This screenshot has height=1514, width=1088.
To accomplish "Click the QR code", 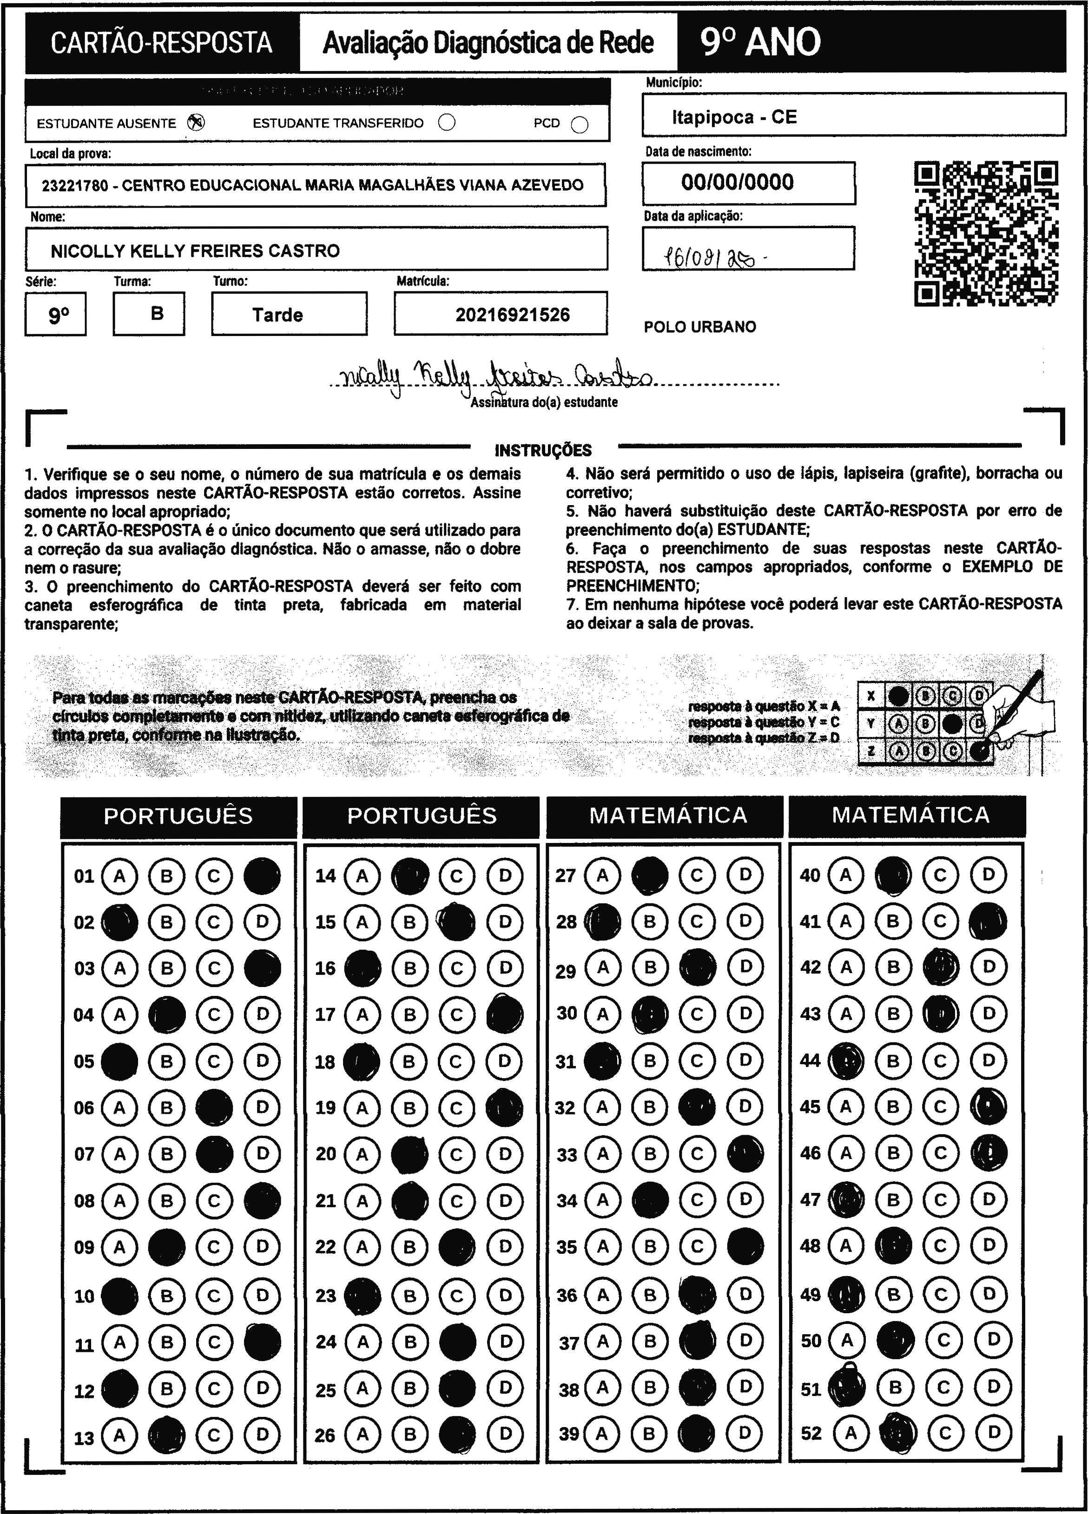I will (985, 234).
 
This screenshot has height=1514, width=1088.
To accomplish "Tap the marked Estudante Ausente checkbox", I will (196, 123).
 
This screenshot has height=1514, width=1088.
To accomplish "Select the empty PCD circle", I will (580, 125).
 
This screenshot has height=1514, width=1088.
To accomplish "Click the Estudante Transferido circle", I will (447, 123).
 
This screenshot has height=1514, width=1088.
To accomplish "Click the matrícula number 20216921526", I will (512, 315).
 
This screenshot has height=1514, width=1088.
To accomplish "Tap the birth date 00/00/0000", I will (738, 182).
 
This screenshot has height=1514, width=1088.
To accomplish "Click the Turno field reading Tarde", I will (277, 315).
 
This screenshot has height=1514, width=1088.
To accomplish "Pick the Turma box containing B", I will (157, 314).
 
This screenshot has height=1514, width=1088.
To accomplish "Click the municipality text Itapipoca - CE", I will (734, 118).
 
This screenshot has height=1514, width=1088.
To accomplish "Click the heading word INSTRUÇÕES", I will (543, 451).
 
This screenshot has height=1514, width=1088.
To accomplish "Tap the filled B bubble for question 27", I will (649, 875).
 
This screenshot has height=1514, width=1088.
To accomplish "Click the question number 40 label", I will (810, 875).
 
